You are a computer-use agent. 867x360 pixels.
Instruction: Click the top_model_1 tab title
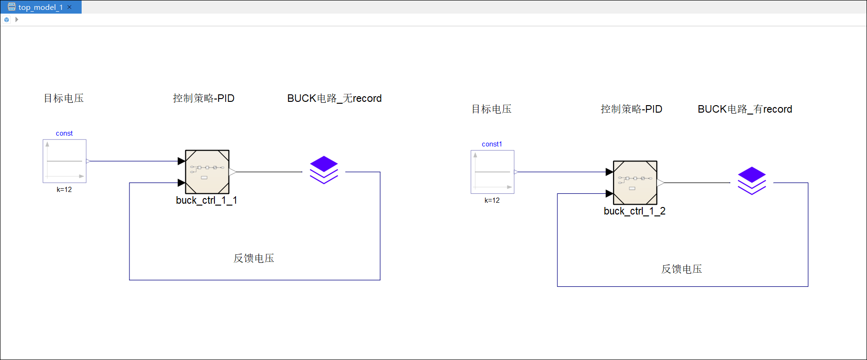click(40, 7)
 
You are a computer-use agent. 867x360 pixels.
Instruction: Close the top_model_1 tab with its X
click(69, 7)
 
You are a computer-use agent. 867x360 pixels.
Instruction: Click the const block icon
click(65, 161)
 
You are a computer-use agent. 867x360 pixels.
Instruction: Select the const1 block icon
click(492, 172)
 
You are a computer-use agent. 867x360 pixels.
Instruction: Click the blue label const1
click(492, 144)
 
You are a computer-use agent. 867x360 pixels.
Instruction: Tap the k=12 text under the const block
click(64, 190)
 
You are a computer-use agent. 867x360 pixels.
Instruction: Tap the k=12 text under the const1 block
click(492, 200)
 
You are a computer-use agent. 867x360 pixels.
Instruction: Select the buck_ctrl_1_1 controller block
click(207, 172)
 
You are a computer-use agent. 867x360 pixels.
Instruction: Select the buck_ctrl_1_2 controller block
click(635, 183)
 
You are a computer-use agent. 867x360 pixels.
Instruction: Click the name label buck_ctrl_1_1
click(206, 200)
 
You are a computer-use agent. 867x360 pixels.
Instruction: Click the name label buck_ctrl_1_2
click(634, 211)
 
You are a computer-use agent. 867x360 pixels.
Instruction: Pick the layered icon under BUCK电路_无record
click(324, 170)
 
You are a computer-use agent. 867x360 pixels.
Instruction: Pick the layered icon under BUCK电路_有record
click(752, 181)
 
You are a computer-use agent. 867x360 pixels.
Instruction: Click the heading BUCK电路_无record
click(334, 99)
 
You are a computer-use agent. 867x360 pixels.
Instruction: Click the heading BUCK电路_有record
click(745, 109)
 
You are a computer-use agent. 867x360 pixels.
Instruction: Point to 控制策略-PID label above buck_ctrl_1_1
click(204, 99)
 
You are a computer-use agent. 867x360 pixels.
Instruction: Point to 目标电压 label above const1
click(491, 109)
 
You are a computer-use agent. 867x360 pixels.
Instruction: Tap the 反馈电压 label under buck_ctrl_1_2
click(682, 269)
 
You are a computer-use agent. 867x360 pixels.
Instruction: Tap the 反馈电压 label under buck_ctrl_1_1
click(254, 259)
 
